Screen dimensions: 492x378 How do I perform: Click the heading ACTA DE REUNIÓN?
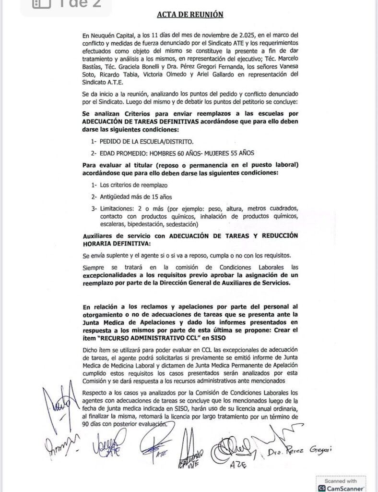point(190,14)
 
